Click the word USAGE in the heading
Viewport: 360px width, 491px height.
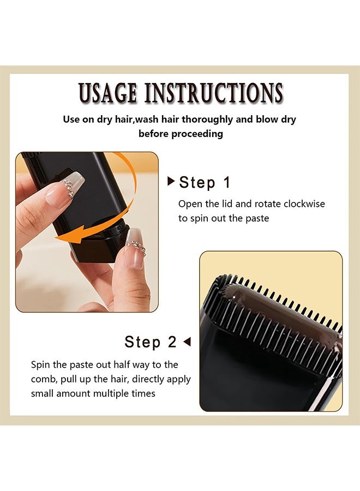[107, 93]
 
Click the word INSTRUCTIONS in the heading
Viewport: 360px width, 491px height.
[213, 93]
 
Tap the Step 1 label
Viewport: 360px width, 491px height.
[205, 183]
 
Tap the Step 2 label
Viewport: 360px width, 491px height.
[150, 342]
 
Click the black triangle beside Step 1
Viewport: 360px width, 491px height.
[171, 181]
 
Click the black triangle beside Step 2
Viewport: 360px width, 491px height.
[187, 342]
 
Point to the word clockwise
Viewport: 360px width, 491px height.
[304, 204]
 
